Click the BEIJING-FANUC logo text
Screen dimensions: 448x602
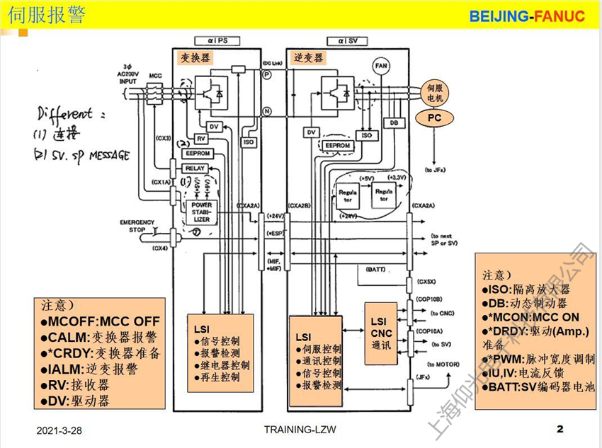[527, 16]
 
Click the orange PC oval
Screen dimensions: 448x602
[434, 118]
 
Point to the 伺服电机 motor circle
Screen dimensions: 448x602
[435, 93]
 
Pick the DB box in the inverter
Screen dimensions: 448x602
[394, 123]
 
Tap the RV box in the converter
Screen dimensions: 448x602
[201, 139]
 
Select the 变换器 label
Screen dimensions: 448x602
[195, 57]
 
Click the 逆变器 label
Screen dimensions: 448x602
[309, 57]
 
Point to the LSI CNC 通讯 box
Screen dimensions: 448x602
[381, 333]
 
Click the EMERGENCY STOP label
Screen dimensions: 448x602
[137, 226]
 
